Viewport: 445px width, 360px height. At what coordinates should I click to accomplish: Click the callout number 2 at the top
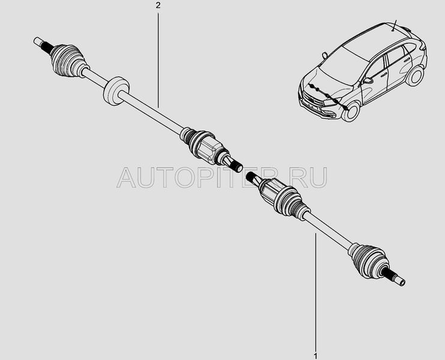coord(158,5)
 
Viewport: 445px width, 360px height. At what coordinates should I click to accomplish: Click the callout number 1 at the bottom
coord(316,356)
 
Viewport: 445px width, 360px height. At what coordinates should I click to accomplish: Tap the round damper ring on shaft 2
coord(116,91)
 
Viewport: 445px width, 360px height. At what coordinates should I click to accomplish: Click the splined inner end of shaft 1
coord(252,176)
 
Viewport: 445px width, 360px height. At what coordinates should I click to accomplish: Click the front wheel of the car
coord(351,112)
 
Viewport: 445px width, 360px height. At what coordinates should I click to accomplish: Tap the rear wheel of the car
coord(415,75)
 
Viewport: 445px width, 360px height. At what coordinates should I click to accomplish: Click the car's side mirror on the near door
coord(368,80)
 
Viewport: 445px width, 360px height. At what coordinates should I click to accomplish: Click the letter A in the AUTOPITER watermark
coord(126,178)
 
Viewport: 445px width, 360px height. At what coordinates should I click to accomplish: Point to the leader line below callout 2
coord(158,59)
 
